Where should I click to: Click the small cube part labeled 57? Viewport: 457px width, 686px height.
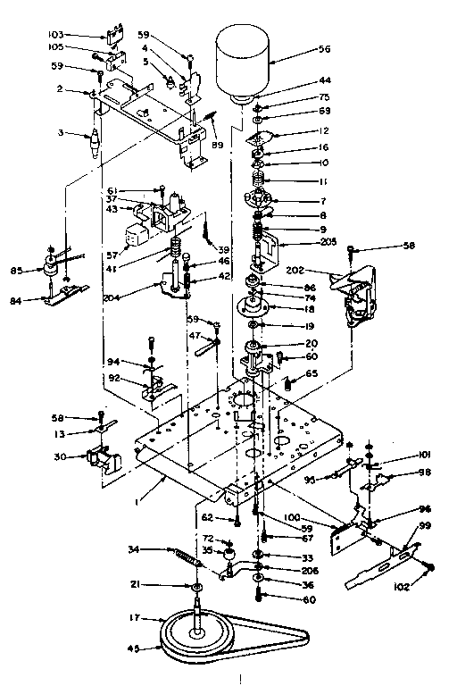[135, 237]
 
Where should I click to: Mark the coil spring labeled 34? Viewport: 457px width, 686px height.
[184, 558]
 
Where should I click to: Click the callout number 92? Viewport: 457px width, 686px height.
[115, 377]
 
